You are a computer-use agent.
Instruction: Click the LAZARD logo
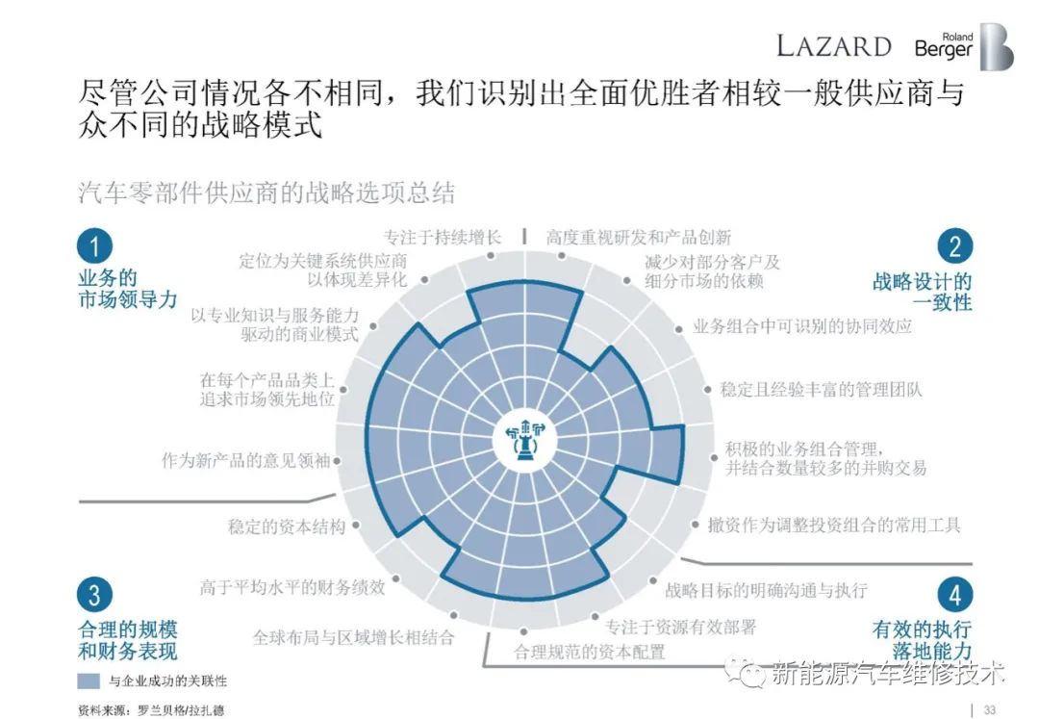(x=833, y=46)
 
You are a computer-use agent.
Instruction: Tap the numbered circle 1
(x=94, y=245)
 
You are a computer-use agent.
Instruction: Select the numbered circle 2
(x=955, y=245)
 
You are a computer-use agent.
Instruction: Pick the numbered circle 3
(x=94, y=595)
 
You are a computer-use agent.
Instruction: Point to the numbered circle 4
(x=955, y=595)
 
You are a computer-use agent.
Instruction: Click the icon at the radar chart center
(x=525, y=437)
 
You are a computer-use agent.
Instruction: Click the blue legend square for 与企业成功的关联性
(x=89, y=680)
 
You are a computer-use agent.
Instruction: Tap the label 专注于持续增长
(x=442, y=237)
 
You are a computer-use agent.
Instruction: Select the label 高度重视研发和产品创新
(x=639, y=237)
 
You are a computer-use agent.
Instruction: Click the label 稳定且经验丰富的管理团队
(x=821, y=389)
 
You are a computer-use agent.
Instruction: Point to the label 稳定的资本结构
(x=287, y=526)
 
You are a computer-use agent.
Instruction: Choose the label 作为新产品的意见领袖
(x=246, y=460)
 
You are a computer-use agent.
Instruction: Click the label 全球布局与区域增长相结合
(x=353, y=637)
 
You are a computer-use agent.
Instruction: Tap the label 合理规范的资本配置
(x=589, y=652)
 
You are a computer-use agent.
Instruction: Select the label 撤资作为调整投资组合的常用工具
(x=833, y=525)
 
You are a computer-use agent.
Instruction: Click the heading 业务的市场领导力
(x=127, y=288)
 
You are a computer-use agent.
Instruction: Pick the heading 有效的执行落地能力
(x=922, y=639)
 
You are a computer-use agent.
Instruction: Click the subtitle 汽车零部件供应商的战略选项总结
(x=266, y=193)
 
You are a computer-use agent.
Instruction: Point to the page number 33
(x=989, y=709)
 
